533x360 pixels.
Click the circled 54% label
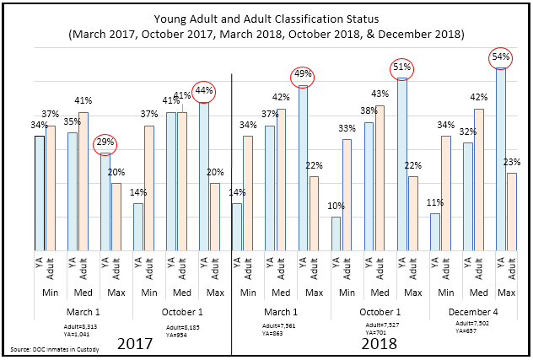pos(499,58)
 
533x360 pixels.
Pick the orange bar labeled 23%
pos(511,212)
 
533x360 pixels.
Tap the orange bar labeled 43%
pos(380,177)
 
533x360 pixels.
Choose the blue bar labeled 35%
pos(72,191)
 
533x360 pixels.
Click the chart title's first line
pos(265,17)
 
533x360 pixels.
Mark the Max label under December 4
pos(507,292)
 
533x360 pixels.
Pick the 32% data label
pos(468,132)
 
